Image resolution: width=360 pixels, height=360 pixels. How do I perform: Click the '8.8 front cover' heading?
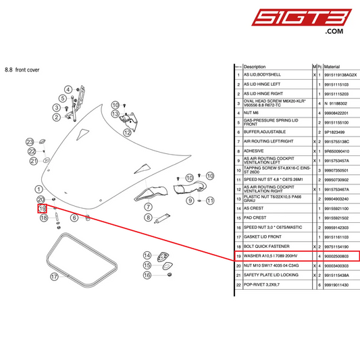(22, 70)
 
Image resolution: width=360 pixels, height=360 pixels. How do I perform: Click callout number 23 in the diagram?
(30, 141)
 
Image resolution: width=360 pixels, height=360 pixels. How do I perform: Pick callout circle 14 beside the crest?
(147, 255)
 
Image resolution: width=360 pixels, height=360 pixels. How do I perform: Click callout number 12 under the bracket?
(127, 134)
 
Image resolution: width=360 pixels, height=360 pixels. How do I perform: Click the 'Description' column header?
(255, 68)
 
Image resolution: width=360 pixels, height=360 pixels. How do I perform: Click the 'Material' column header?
(332, 68)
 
